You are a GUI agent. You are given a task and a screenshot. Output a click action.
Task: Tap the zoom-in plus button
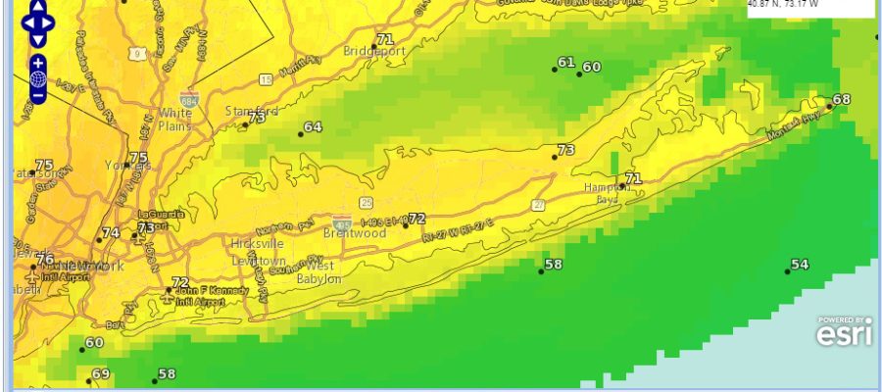(x=37, y=62)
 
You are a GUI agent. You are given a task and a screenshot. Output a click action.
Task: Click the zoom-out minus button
(x=37, y=95)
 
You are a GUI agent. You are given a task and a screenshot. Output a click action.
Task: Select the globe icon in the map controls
(x=37, y=78)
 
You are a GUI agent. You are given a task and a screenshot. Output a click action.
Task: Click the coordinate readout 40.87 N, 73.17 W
(x=785, y=4)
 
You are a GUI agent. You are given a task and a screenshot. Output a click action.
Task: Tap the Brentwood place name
(x=354, y=233)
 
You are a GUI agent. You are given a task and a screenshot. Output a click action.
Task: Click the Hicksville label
(x=257, y=243)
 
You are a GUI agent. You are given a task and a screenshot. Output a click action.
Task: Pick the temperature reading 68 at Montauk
(x=842, y=100)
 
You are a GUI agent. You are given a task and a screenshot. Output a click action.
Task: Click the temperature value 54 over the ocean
(x=800, y=265)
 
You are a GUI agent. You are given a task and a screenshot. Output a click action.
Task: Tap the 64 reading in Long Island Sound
(x=313, y=127)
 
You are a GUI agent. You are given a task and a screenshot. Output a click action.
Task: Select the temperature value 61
(x=565, y=63)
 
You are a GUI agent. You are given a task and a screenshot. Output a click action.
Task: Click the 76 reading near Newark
(x=45, y=259)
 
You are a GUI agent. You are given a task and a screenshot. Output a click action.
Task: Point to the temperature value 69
(x=101, y=374)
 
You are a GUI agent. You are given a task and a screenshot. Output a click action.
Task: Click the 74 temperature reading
(x=111, y=233)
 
